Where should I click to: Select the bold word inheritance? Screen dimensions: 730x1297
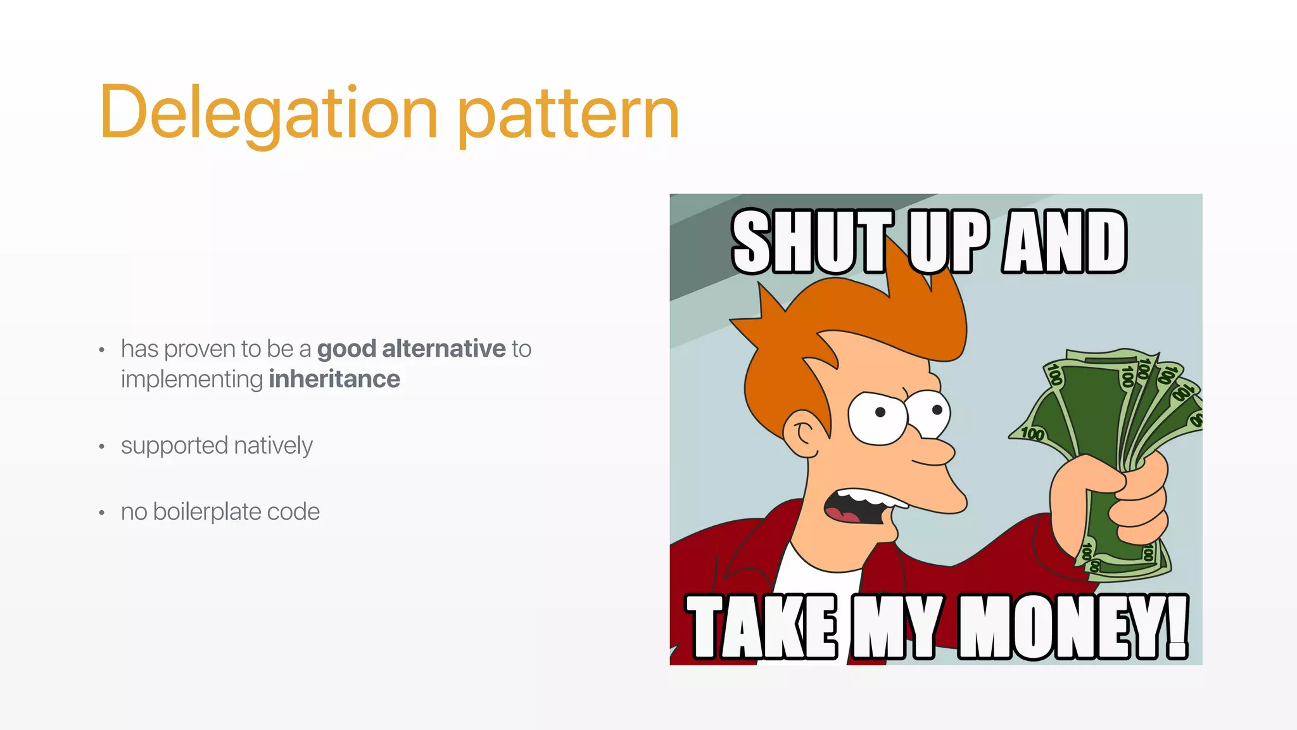334,379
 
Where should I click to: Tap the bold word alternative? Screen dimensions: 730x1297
443,349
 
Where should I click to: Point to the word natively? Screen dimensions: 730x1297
273,445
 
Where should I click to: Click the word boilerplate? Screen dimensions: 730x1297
207,511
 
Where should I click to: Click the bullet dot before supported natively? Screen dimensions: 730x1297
101,447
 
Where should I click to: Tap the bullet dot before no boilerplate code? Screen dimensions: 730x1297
101,513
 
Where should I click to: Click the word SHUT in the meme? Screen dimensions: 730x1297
812,242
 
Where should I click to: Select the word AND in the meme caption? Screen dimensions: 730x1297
1064,242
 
